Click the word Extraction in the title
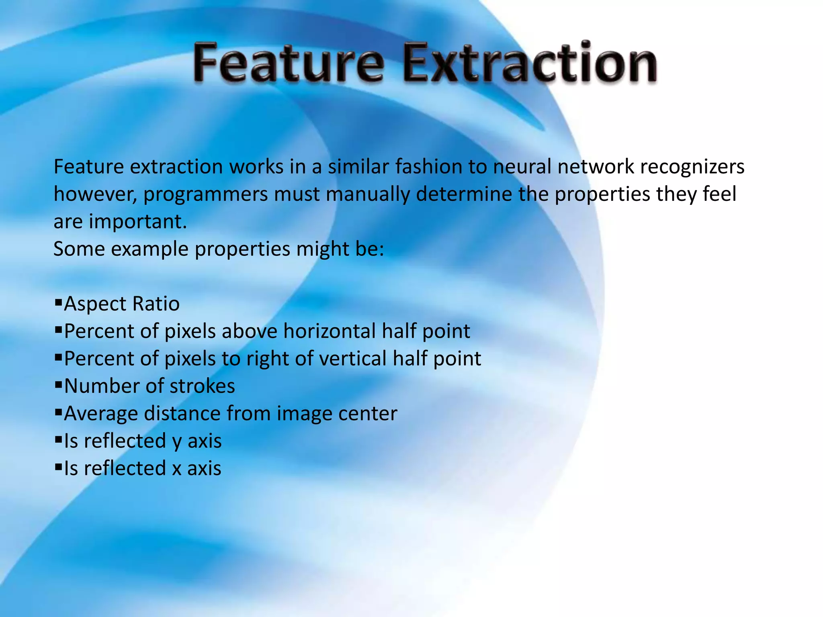tap(530, 63)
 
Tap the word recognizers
tap(692, 167)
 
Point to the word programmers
tap(205, 195)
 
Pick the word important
tap(138, 222)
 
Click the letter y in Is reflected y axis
tap(177, 442)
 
